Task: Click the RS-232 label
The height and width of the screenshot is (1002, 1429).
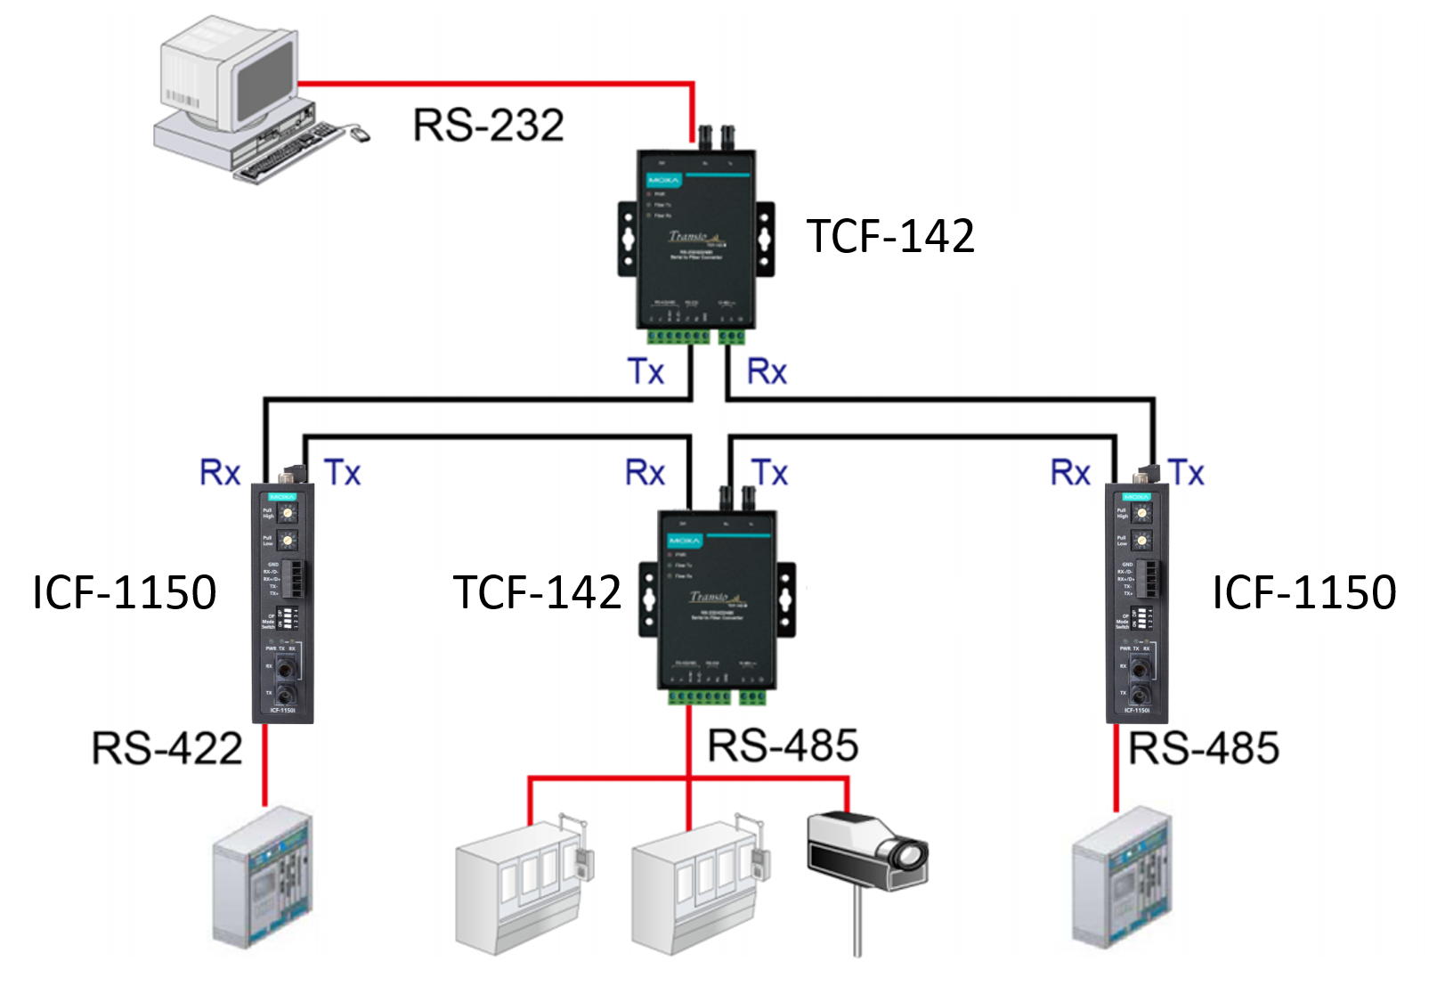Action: [488, 125]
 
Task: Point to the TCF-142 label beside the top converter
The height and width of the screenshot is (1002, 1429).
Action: [889, 236]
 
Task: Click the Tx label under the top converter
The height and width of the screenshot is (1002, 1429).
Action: [645, 371]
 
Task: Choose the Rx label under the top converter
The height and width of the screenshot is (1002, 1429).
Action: [767, 371]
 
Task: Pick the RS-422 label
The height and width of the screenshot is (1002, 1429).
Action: [166, 748]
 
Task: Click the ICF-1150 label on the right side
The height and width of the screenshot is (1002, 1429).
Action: [1303, 592]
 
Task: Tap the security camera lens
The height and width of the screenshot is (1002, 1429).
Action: [909, 856]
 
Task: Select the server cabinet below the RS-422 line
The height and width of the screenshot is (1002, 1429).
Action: [264, 877]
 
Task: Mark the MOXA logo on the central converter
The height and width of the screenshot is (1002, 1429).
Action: [685, 541]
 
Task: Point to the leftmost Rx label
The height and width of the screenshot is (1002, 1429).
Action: [220, 472]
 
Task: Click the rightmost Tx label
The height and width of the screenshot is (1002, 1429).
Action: [1186, 472]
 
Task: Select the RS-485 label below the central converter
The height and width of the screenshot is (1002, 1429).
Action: [783, 745]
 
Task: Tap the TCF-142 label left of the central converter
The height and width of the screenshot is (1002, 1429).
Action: [537, 592]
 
